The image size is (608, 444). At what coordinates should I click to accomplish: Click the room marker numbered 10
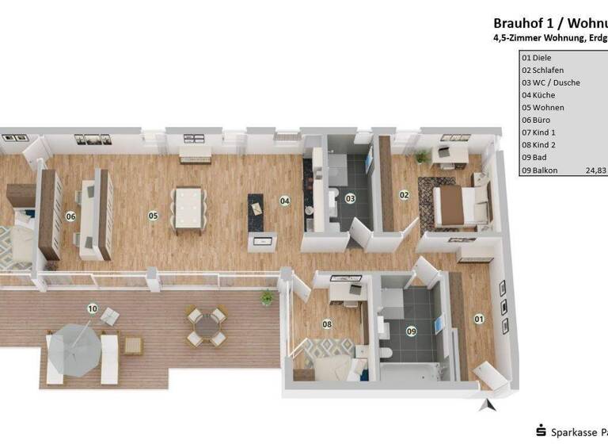click(x=92, y=308)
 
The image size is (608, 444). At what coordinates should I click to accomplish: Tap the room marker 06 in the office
click(x=70, y=216)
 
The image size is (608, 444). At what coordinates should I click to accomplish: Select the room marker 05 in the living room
click(x=153, y=215)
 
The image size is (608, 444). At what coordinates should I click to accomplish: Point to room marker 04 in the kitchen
click(x=284, y=201)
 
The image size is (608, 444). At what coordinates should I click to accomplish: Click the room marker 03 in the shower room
click(x=350, y=198)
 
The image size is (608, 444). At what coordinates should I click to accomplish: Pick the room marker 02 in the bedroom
click(x=404, y=194)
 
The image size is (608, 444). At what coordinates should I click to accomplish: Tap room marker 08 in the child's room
click(x=327, y=323)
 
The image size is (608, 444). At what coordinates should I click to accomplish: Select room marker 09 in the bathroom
click(x=412, y=331)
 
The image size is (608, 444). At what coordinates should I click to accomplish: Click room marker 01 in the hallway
click(x=478, y=319)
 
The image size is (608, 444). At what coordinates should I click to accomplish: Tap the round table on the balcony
click(x=206, y=325)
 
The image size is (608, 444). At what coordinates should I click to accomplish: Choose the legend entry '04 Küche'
click(x=538, y=95)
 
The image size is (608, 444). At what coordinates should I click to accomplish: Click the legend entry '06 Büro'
click(x=536, y=120)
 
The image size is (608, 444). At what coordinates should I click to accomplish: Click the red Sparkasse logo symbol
click(x=541, y=431)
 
